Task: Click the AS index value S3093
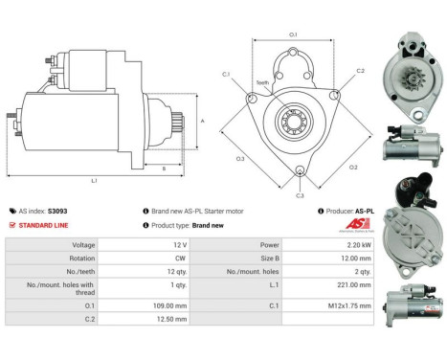(57, 211)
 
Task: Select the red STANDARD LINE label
(43, 225)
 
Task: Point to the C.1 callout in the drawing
(226, 74)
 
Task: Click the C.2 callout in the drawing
(360, 71)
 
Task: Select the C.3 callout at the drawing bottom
(300, 195)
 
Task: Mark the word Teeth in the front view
(262, 83)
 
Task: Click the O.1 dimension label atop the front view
(293, 35)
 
